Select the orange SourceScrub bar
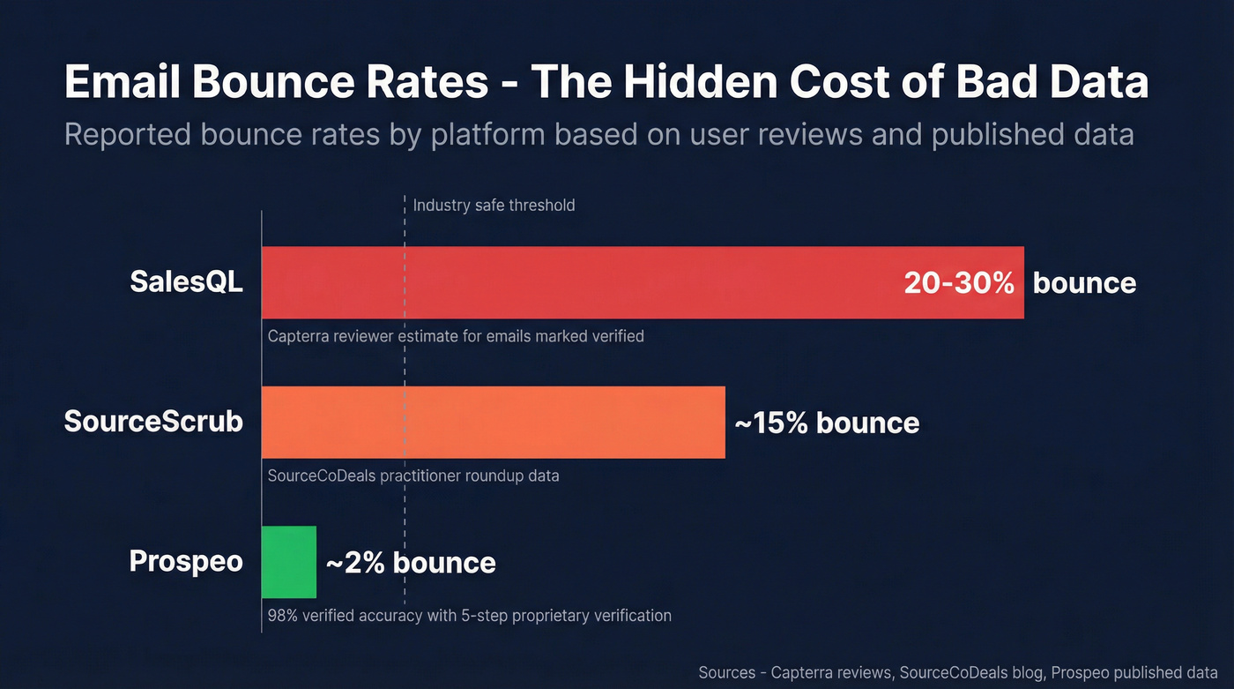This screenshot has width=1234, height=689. click(x=494, y=423)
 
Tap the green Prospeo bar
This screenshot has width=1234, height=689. click(x=289, y=562)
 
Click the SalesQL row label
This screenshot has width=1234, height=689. click(x=186, y=281)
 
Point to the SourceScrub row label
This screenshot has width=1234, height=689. click(x=153, y=422)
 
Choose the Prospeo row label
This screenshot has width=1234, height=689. click(x=186, y=561)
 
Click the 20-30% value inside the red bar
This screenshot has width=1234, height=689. click(x=959, y=282)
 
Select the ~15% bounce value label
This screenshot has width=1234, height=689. click(x=827, y=423)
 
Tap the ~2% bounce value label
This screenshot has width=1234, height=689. click(x=411, y=563)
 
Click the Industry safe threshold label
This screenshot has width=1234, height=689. click(x=494, y=206)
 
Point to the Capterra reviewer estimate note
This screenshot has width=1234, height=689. click(x=456, y=336)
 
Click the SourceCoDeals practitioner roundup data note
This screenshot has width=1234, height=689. click(x=413, y=476)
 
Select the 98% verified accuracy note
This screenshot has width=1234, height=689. click(x=469, y=615)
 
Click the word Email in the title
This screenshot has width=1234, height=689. click(x=122, y=82)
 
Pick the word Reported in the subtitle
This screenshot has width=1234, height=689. click(x=127, y=135)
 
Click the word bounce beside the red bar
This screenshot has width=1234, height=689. click(x=1084, y=283)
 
